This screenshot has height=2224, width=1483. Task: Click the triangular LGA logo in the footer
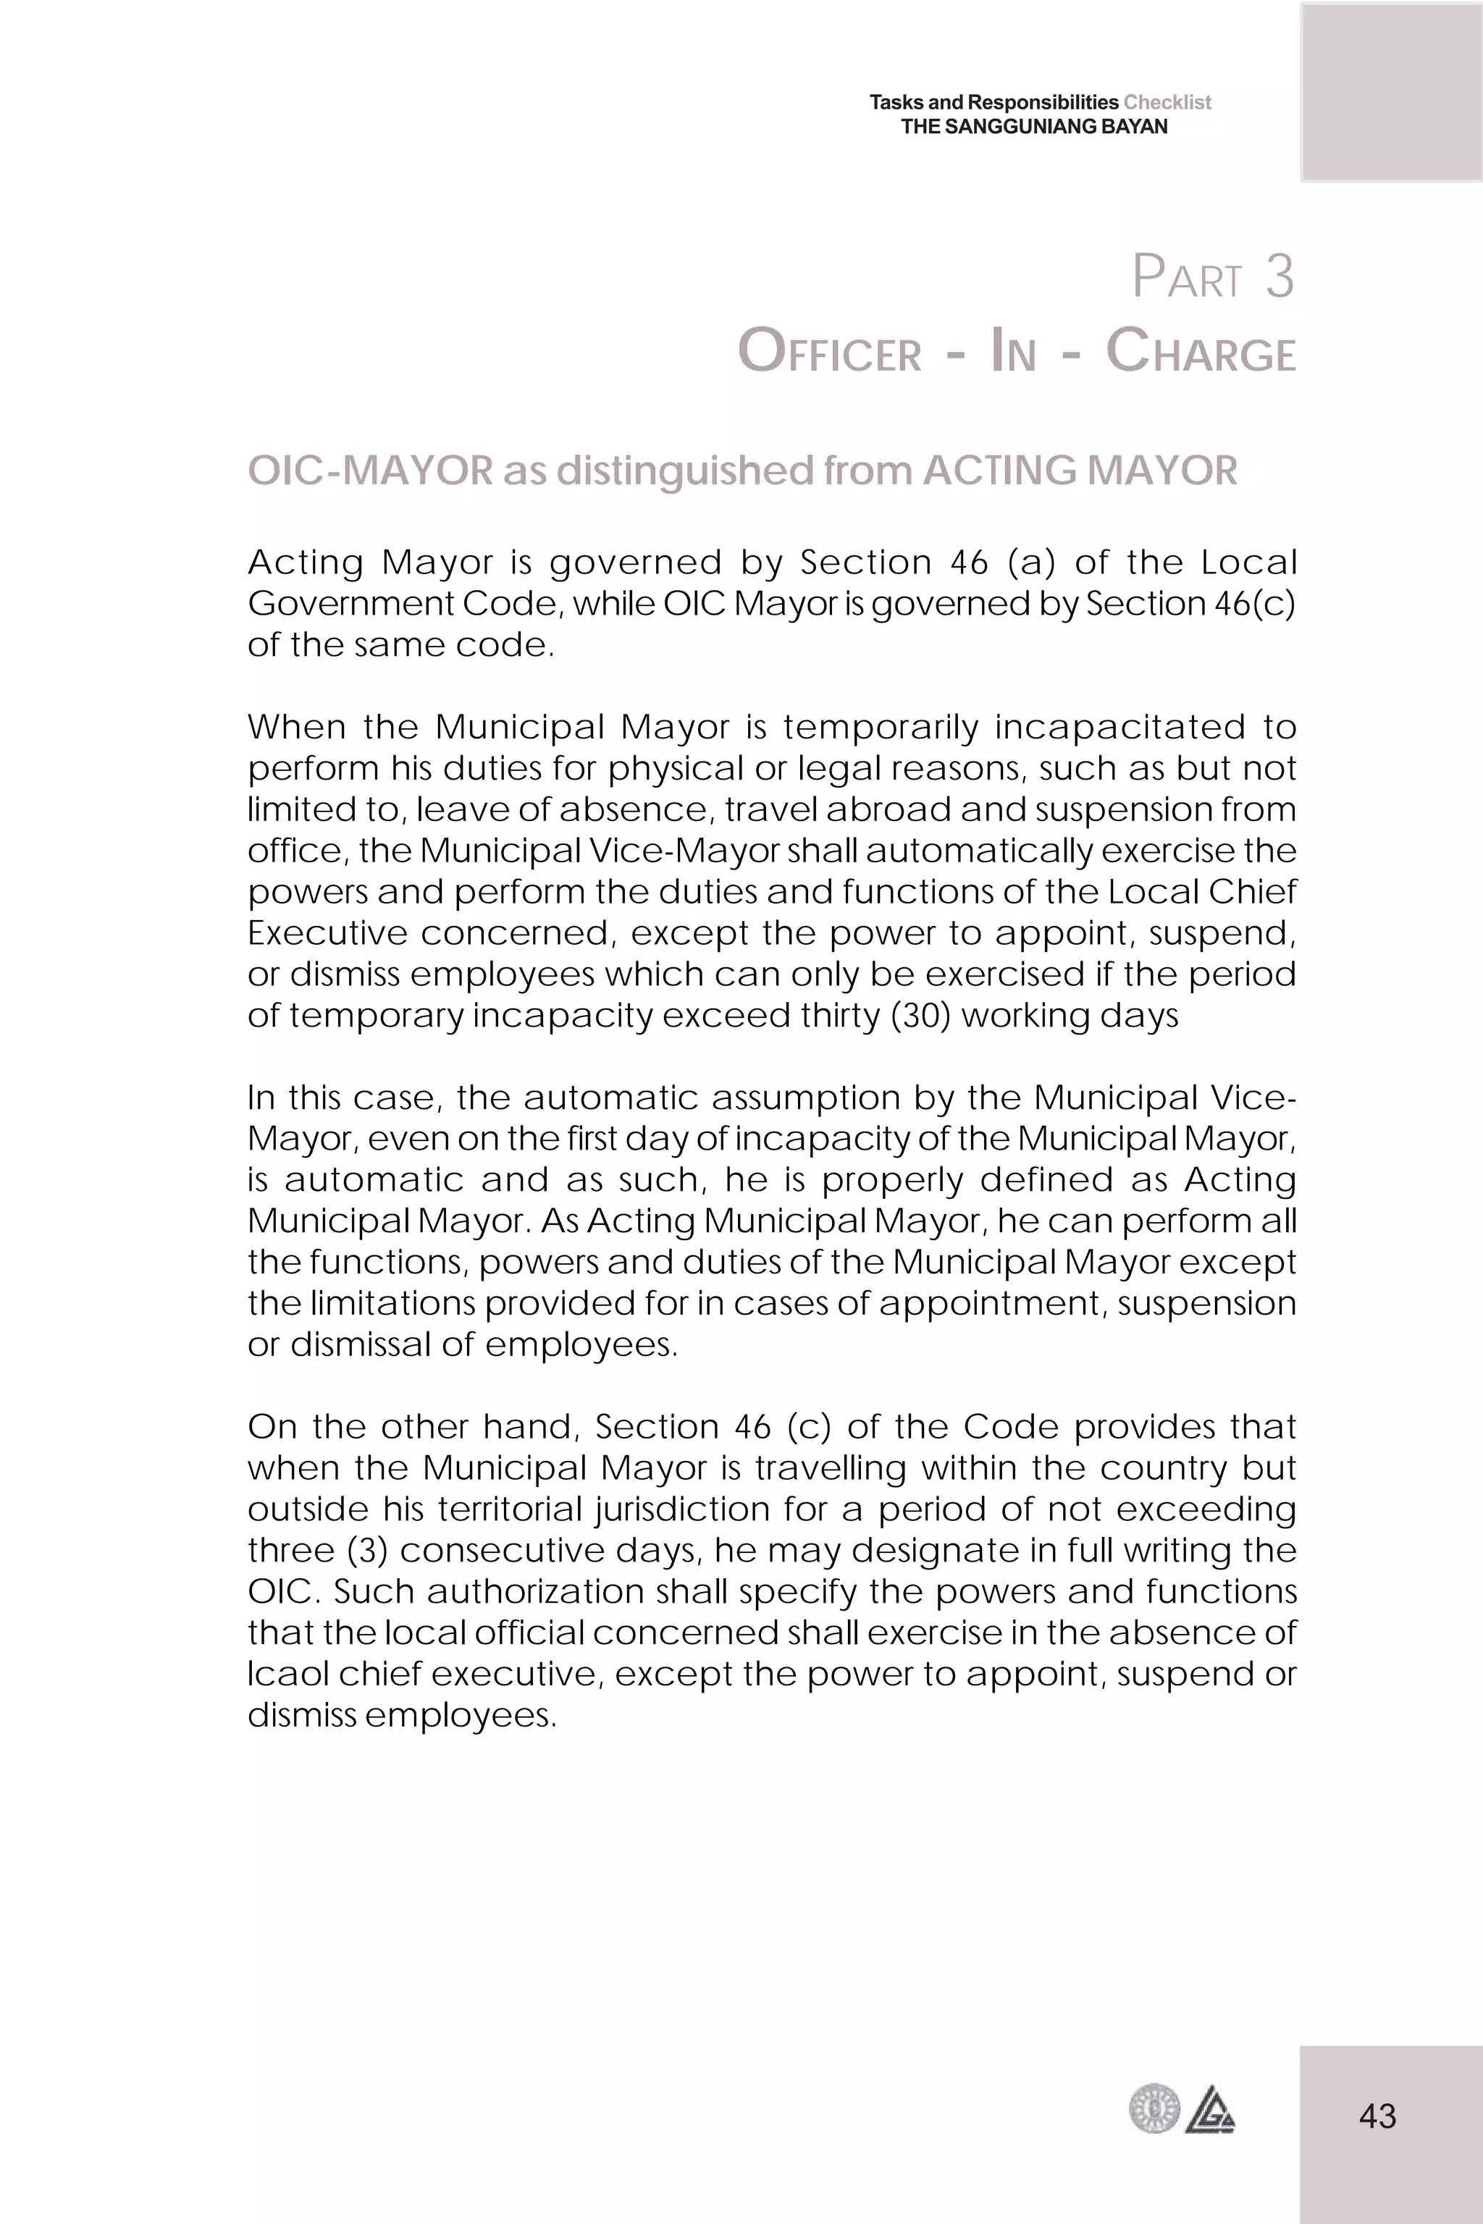[1210, 2110]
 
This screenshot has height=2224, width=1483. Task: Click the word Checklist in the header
[1167, 102]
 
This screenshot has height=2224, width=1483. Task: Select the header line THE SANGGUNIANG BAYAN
[1034, 127]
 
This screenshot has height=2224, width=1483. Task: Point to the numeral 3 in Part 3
[1279, 277]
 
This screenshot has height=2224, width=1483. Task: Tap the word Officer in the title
[828, 352]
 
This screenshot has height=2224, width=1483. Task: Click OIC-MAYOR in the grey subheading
[370, 470]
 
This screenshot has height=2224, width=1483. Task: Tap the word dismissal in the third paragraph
[362, 1344]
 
